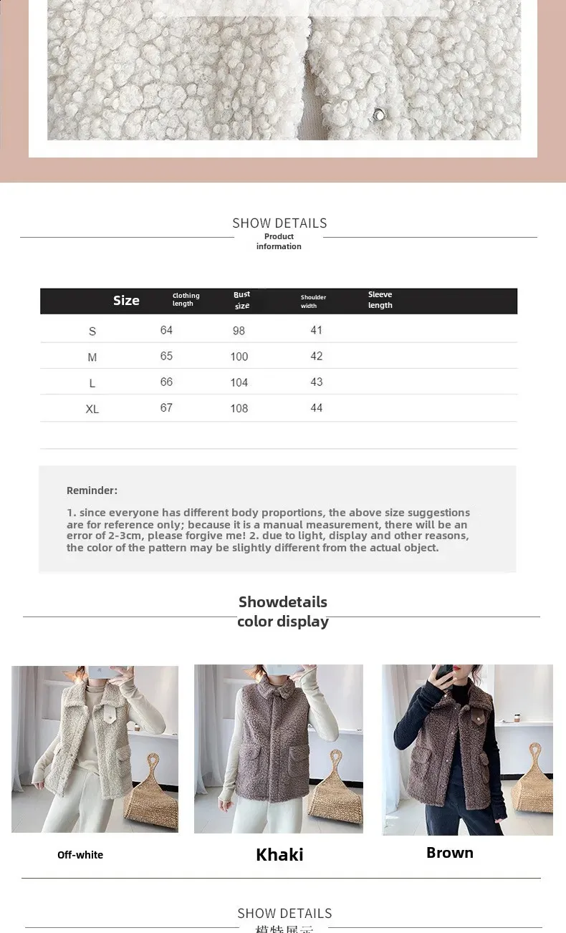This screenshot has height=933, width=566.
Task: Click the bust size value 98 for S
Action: click(239, 331)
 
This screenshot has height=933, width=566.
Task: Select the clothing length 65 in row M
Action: click(166, 357)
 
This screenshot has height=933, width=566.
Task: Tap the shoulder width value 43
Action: click(317, 382)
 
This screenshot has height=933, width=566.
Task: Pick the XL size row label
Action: click(92, 409)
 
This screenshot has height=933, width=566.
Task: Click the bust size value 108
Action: click(239, 408)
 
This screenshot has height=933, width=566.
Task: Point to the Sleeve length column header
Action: click(380, 300)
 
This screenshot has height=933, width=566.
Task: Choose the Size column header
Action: click(126, 301)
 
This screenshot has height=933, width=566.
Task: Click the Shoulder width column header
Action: click(313, 301)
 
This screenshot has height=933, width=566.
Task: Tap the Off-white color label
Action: click(80, 855)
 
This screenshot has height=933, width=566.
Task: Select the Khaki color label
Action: click(279, 854)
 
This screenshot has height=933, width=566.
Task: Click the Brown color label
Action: click(450, 853)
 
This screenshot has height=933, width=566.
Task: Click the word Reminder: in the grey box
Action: click(92, 490)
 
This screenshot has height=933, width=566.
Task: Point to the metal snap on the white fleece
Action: click(377, 115)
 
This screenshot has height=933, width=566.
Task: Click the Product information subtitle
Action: click(279, 241)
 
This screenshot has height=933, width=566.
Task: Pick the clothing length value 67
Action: click(166, 408)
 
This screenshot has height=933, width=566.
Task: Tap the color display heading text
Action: click(283, 622)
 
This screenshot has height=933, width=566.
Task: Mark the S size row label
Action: click(92, 332)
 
